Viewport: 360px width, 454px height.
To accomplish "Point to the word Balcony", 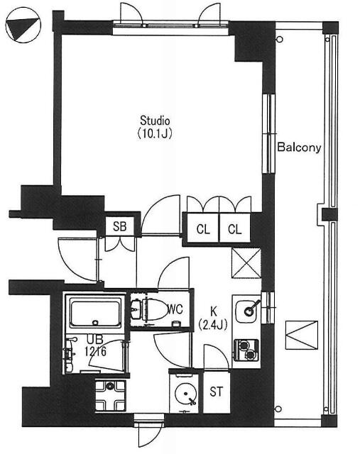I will coord(299,148).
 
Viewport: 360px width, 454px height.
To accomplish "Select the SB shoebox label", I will coord(119,226).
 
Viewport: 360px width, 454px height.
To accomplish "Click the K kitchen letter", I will coord(212,311).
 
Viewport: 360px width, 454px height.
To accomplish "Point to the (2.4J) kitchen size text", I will coord(212,325).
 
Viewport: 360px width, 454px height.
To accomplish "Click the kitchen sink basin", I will coord(249,309).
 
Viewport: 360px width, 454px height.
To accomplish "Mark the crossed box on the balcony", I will coord(302,333).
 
